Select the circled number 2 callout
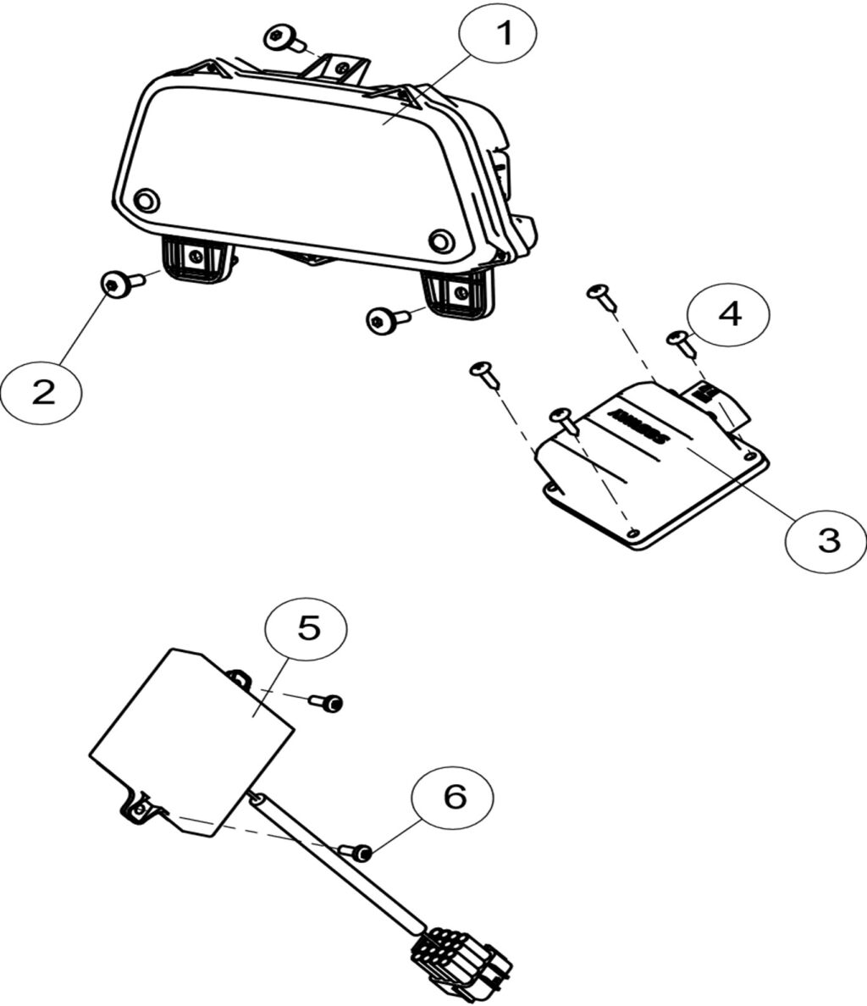click(x=41, y=391)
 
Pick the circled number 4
click(x=729, y=315)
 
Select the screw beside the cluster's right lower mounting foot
click(x=381, y=320)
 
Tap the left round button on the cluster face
click(x=146, y=200)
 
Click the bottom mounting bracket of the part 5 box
click(x=139, y=807)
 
